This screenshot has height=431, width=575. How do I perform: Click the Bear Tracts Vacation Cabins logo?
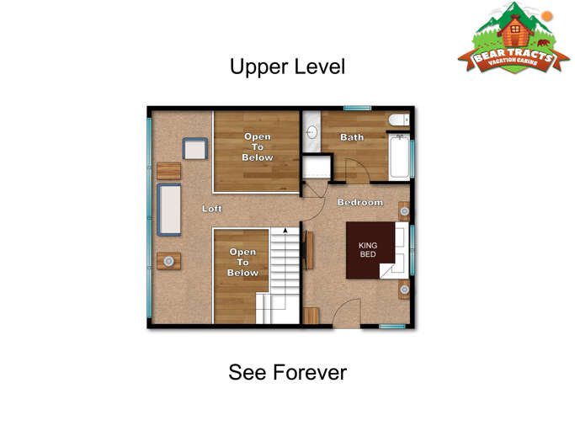tap(514, 42)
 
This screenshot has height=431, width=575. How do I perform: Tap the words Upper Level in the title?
tap(287, 67)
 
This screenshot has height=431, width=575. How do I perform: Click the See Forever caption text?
tap(287, 372)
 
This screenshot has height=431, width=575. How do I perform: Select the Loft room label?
tap(212, 209)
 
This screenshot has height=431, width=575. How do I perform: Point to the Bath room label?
tap(351, 137)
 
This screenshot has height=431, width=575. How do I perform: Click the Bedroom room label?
tap(359, 203)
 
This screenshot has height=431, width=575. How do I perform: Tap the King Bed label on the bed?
tap(368, 250)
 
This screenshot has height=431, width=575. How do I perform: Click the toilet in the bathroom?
tap(399, 121)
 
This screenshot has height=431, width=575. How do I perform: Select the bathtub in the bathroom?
tap(398, 157)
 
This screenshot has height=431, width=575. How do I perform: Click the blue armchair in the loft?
tap(195, 150)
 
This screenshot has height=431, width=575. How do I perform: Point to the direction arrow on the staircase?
tap(285, 230)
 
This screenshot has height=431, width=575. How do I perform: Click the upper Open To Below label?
tap(258, 147)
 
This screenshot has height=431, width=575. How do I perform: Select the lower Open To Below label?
tap(242, 263)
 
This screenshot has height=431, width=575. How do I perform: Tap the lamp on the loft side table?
tap(168, 261)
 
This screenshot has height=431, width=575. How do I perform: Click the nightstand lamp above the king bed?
tap(404, 210)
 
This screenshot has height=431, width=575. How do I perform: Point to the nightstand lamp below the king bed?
tap(404, 290)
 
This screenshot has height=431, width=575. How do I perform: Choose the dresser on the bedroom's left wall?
tap(309, 250)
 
